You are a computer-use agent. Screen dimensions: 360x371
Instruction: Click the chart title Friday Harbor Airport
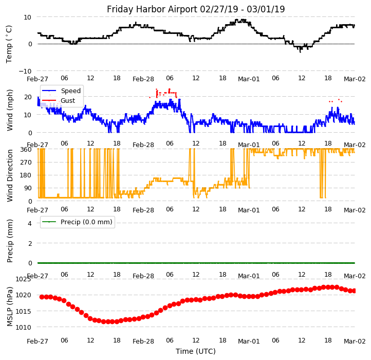[196, 9]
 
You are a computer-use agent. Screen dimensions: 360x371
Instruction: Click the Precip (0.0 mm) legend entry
[83, 222]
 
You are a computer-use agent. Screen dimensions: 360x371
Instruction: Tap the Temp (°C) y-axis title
[9, 44]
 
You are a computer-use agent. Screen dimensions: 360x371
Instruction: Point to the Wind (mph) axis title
[10, 110]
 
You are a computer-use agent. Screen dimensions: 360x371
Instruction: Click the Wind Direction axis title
[10, 175]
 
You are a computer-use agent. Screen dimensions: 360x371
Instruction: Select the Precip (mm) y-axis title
[10, 241]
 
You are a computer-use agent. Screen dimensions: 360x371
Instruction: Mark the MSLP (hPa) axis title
[10, 306]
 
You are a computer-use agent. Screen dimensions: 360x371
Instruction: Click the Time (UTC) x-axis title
[196, 351]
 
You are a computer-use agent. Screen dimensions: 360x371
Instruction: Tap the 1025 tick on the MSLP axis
[23, 279]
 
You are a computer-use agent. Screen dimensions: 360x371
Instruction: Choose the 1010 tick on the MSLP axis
[23, 327]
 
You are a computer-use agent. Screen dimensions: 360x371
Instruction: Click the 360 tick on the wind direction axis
[26, 150]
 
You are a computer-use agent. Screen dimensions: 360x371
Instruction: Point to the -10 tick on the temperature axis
[25, 71]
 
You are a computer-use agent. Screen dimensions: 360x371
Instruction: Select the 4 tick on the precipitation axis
[29, 223]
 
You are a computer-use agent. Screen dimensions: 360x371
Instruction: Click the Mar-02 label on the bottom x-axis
[355, 341]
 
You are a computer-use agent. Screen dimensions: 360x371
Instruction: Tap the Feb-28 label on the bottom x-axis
[143, 341]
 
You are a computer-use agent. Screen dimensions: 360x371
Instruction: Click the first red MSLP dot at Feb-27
[42, 297]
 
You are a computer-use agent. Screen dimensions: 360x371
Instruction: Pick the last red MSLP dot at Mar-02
[354, 291]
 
